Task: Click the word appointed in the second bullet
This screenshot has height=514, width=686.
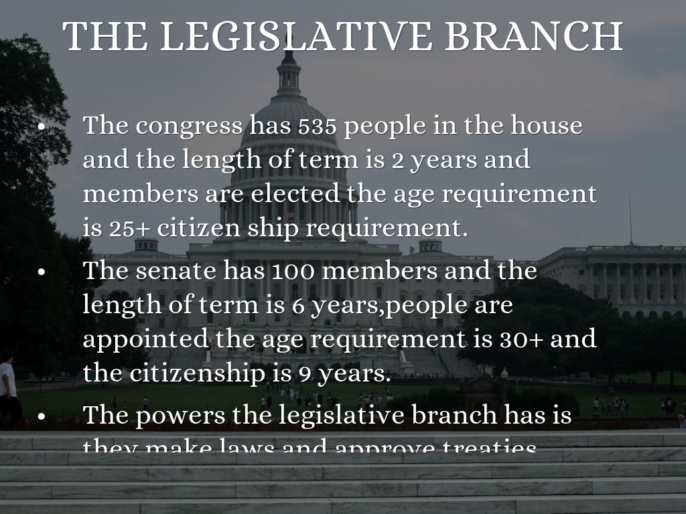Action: click(146, 339)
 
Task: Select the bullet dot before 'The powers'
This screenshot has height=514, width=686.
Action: click(42, 416)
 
